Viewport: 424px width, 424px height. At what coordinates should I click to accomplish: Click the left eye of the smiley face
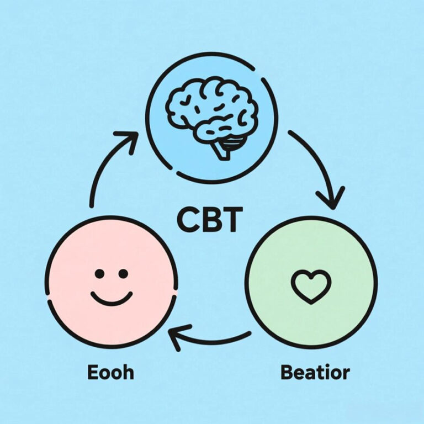tap(99, 274)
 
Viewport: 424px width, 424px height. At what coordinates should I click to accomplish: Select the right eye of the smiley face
tap(123, 274)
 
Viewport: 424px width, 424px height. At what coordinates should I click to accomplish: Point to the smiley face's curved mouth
tap(112, 299)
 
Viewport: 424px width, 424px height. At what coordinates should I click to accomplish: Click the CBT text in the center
tap(209, 220)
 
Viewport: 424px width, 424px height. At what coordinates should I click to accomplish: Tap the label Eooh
tap(110, 372)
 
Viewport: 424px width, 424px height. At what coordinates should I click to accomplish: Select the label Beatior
tap(315, 372)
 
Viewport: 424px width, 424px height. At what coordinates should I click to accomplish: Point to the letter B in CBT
tap(210, 220)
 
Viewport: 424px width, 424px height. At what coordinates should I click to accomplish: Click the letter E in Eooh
tap(93, 372)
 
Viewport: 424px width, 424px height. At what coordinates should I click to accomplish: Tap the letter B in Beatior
tap(287, 372)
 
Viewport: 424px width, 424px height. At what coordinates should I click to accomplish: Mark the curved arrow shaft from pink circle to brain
tap(99, 171)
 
